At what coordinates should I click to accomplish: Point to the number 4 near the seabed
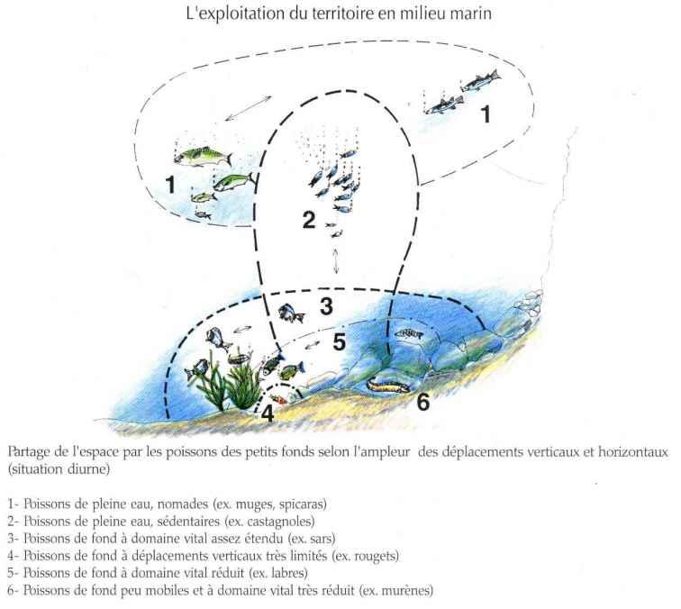pos(267,414)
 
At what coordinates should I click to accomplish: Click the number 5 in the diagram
pos(339,342)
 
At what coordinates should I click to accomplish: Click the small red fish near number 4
pos(282,397)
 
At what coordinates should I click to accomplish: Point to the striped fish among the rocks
pos(408,334)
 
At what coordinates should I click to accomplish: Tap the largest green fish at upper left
pos(195,156)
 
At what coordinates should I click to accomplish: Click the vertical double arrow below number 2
pos(336,261)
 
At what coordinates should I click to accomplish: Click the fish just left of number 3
pos(291,314)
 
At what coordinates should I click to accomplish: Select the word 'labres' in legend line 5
pos(280,573)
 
